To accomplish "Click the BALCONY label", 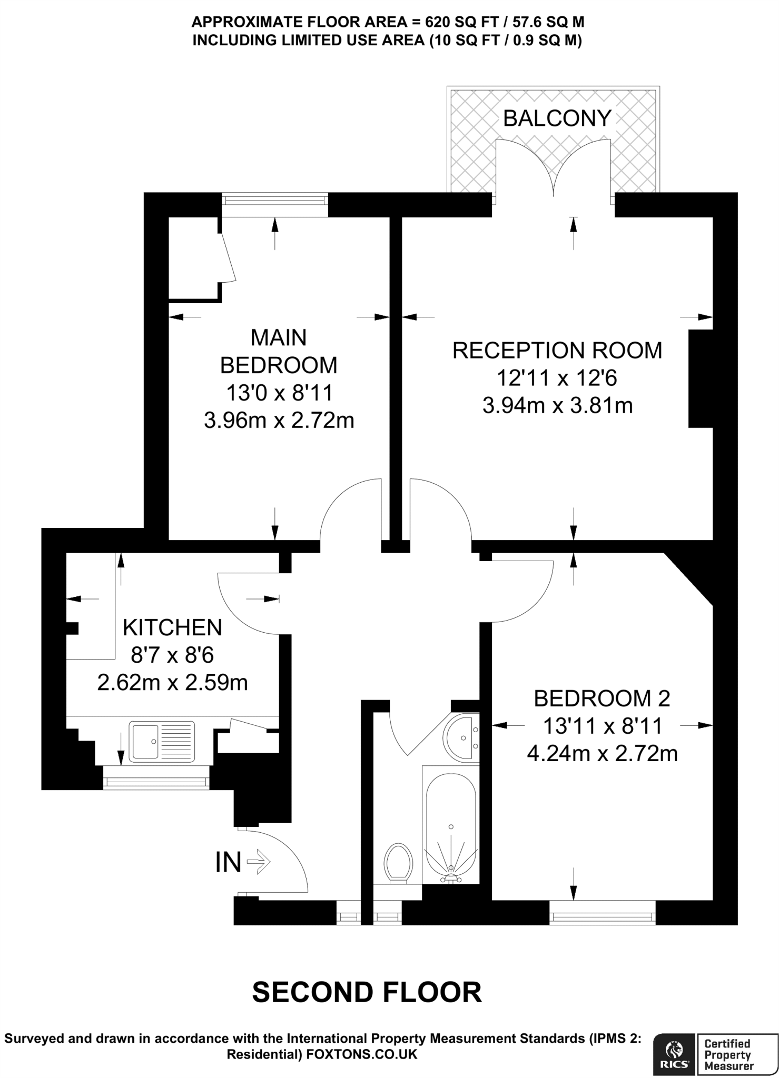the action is (557, 118).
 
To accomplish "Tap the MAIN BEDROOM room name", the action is (279, 351).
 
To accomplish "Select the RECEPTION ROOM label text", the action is (557, 351).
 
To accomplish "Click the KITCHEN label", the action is (172, 627).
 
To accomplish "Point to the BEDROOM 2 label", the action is (602, 698).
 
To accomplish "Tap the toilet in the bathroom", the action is (398, 864).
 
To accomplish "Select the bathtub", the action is (451, 825).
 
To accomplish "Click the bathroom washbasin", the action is (461, 738).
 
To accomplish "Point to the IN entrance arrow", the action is (259, 862).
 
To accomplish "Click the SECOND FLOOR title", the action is (367, 993).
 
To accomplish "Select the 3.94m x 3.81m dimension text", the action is (557, 406).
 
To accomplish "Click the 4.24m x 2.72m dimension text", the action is (602, 754).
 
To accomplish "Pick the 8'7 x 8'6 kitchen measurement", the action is (172, 655).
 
